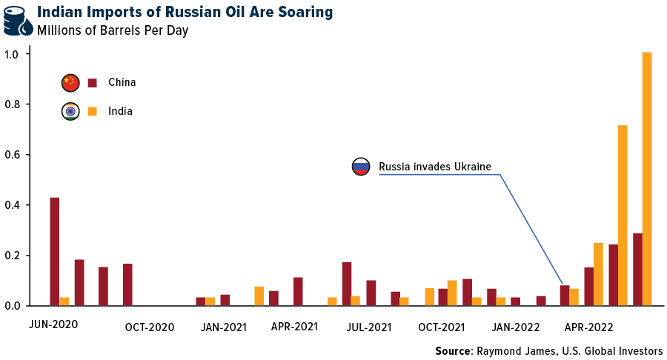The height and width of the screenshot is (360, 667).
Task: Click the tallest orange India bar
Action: [647, 179]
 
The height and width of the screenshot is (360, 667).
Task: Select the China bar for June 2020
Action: [54, 251]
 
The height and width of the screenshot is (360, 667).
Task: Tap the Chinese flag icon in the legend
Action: [70, 83]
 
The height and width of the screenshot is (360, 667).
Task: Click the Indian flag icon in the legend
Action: [70, 111]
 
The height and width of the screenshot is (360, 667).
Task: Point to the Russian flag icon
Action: [361, 167]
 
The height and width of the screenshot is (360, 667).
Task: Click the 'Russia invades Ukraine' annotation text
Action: [435, 167]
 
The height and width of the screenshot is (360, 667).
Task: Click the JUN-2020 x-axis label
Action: [53, 324]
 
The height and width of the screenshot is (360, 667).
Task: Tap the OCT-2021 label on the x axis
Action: [441, 327]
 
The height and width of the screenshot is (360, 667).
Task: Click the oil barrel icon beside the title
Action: [18, 21]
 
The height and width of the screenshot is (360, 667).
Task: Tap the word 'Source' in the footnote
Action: [451, 350]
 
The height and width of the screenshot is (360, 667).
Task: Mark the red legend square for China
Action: [93, 83]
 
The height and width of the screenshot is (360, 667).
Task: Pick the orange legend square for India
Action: [93, 111]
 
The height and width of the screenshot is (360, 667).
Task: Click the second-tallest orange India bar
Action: [623, 215]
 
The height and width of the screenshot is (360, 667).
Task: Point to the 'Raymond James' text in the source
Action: [507, 350]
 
